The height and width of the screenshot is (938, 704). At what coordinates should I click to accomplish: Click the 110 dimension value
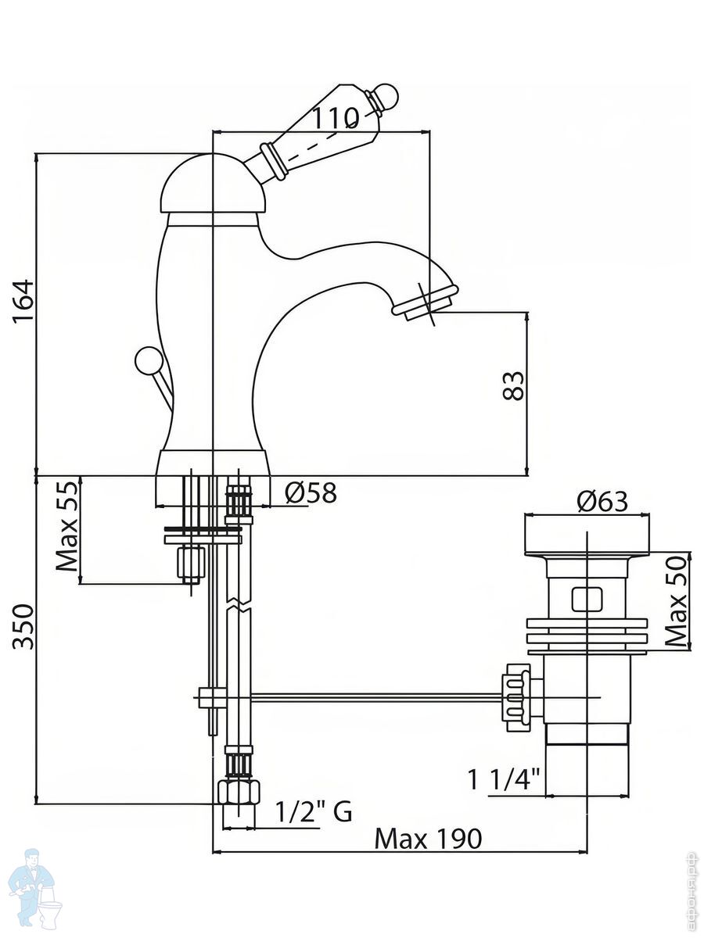[336, 118]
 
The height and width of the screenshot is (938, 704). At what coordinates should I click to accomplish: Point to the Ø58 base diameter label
[311, 492]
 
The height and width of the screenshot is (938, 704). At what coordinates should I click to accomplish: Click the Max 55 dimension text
[67, 527]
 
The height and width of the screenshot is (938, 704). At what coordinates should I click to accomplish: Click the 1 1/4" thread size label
[505, 779]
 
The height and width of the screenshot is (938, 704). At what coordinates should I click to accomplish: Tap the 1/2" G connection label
[313, 812]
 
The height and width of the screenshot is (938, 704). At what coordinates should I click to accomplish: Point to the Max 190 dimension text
[428, 839]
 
